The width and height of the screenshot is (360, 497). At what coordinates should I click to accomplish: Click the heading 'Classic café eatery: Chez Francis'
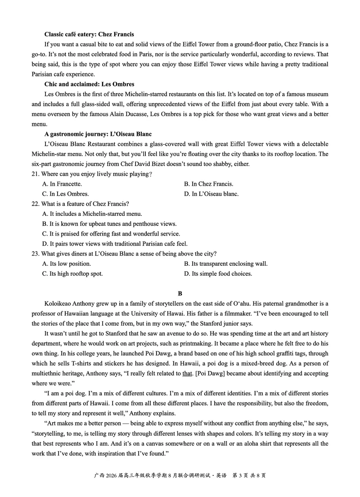[x=89, y=34]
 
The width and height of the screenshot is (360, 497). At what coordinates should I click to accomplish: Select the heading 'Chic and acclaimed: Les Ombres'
[x=89, y=84]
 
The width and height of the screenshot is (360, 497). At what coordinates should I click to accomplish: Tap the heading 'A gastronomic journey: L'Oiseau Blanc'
[x=98, y=134]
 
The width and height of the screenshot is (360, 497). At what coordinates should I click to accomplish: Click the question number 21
[x=36, y=174]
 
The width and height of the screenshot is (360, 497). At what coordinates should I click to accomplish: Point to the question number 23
[x=36, y=254]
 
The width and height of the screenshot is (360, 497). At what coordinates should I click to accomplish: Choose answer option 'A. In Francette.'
[x=62, y=184]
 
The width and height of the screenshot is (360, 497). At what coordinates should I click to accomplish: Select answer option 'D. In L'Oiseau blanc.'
[x=211, y=194]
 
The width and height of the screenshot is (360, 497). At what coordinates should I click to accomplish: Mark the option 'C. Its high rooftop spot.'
[x=72, y=273]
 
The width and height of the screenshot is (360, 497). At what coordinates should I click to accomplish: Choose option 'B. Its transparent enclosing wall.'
[x=226, y=264]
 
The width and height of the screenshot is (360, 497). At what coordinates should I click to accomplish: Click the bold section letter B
[x=180, y=294]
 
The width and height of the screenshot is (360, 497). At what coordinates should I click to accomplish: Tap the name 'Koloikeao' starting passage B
[x=60, y=304]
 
